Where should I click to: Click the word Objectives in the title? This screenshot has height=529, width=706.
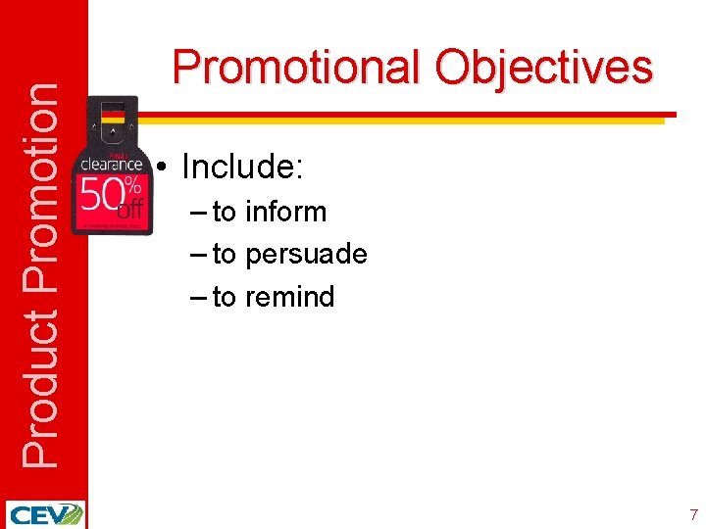543,69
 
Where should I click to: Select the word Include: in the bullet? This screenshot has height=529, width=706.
243,168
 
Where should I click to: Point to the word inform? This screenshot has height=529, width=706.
285,212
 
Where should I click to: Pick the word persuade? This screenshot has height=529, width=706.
306,255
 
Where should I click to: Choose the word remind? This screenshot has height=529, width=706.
289,297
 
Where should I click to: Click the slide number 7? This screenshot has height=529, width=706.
693,514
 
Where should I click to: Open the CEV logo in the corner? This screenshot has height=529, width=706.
44,514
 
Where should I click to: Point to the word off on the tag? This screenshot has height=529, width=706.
129,209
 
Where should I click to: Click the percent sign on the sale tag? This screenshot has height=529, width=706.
134,184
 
